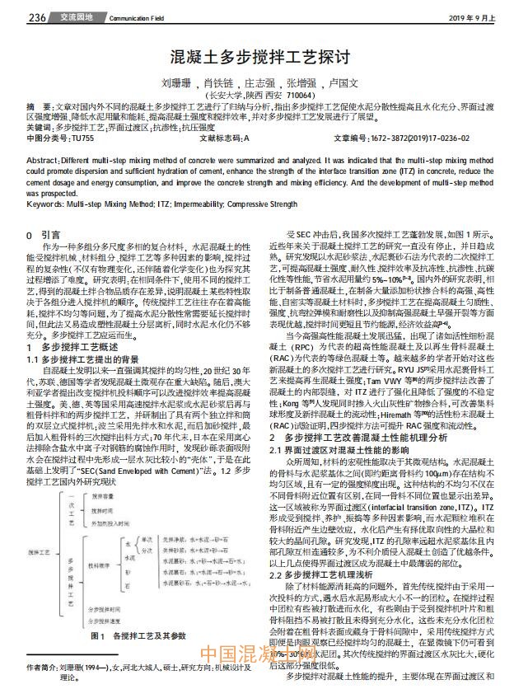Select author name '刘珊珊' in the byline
coord(176,83)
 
